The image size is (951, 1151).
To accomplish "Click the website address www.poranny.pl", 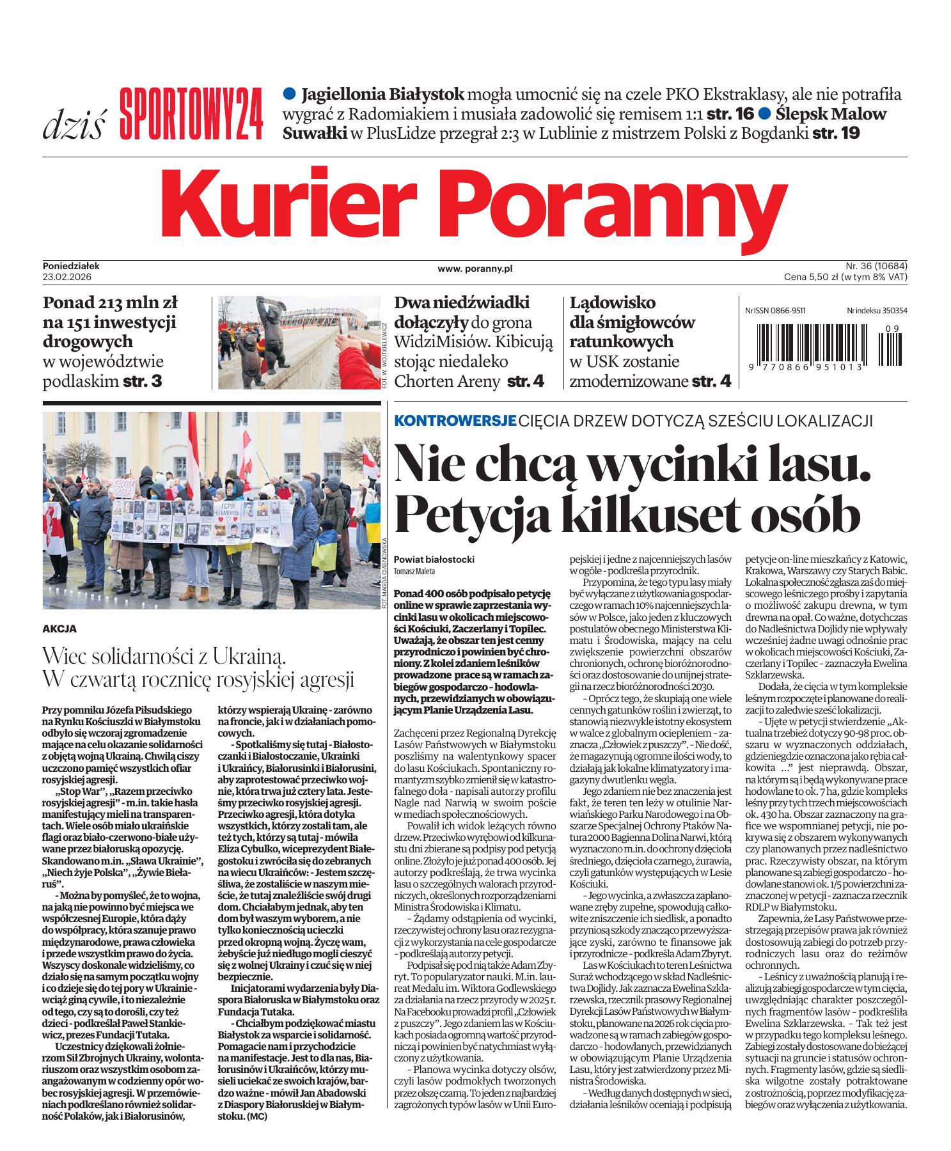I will click(x=475, y=270).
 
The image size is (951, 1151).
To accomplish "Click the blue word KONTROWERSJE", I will click(x=455, y=421).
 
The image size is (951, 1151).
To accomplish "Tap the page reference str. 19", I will click(x=837, y=134).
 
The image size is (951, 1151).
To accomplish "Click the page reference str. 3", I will click(x=144, y=382).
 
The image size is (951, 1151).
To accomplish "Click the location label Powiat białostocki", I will click(x=434, y=560).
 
